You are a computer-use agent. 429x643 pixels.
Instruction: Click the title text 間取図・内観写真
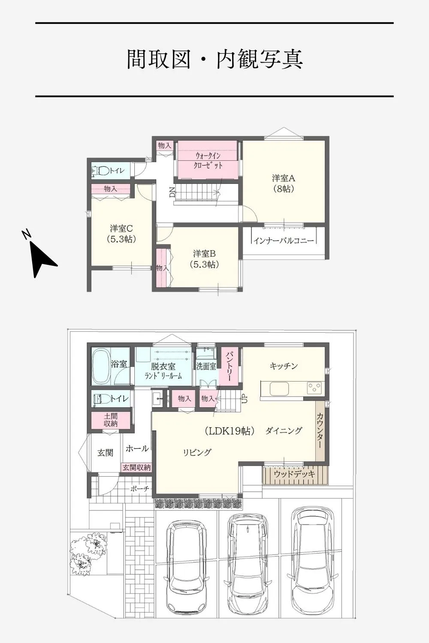point(214,59)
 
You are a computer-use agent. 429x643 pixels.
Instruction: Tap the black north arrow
point(43,259)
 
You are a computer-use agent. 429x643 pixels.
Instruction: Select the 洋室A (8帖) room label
point(284,183)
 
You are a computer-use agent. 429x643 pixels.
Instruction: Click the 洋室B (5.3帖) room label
point(204,259)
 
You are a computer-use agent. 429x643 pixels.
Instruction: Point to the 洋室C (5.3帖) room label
point(121,234)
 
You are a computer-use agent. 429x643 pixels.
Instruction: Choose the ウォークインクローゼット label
point(208,161)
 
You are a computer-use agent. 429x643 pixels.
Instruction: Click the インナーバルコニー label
point(284,240)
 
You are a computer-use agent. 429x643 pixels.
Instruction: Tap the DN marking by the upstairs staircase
point(172,192)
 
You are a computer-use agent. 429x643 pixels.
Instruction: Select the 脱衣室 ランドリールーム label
point(163,371)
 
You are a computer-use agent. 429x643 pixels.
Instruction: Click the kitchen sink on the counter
point(279,389)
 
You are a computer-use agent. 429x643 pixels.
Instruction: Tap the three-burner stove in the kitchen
point(316,388)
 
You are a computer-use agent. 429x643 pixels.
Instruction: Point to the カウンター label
point(320,430)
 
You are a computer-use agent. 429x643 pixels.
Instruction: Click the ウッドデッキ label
point(295,474)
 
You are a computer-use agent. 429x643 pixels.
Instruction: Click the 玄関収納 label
point(136,467)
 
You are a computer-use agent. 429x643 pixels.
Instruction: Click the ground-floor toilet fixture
point(103,398)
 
